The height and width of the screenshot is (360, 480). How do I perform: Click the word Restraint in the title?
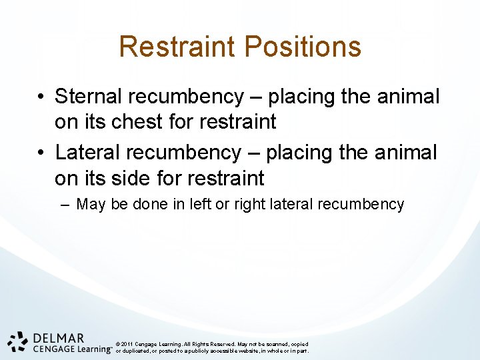click(177, 47)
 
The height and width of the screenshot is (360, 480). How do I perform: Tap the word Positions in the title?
click(303, 47)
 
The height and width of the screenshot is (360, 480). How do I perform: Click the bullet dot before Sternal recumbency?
click(41, 97)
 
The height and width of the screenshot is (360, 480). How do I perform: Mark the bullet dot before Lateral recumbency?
click(41, 153)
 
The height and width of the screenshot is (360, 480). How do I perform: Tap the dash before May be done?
click(64, 204)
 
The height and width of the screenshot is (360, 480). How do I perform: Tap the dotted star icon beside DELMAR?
click(17, 341)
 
